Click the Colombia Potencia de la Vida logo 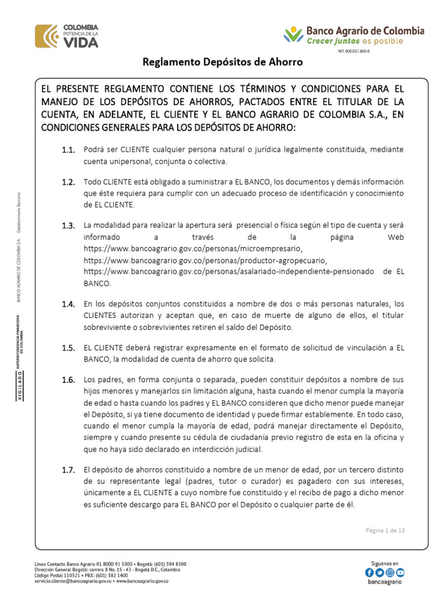coord(67,35)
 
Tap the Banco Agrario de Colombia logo coord(354,34)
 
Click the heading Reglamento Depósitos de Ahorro coord(223,62)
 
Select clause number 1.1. coord(69,150)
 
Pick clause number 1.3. coord(69,225)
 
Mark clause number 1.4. coord(69,304)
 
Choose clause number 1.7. coord(69,469)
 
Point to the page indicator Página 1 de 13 coord(385,530)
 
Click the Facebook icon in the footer coord(370,572)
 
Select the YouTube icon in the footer coord(400,572)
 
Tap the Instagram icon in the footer coord(390,572)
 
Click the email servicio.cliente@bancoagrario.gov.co coord(73,580)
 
